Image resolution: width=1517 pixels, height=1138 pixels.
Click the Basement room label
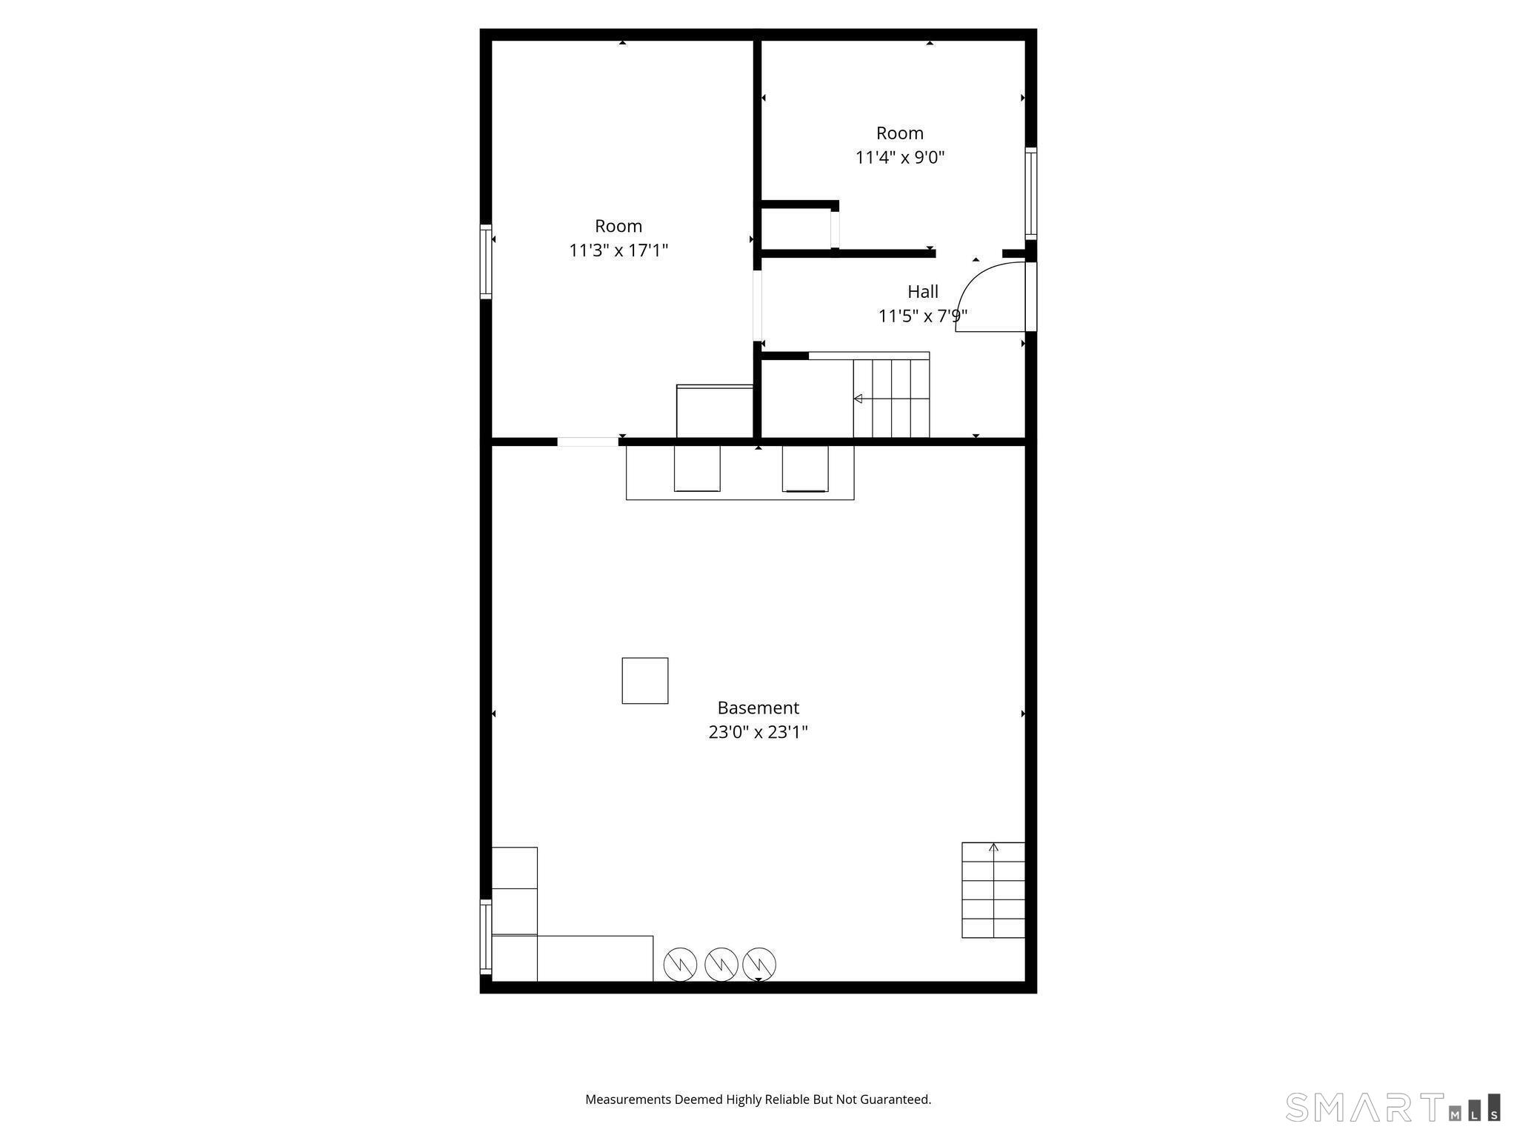pos(758,708)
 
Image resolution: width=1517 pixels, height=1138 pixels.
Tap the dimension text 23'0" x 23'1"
pos(758,732)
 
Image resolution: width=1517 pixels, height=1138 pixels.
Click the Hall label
pos(922,291)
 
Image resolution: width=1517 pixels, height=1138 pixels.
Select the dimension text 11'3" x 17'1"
pos(618,250)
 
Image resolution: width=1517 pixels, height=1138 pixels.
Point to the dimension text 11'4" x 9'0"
pos(899,158)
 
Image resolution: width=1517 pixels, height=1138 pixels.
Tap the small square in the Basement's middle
pos(644,680)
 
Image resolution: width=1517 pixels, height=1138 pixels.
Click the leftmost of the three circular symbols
pos(679,964)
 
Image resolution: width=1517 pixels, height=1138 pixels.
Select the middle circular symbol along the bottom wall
pos(721,964)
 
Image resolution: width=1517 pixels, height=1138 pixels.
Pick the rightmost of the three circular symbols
pos(759,964)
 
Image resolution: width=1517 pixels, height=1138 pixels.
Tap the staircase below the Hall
pos(891,399)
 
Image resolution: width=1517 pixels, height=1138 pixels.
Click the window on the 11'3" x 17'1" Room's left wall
pos(486,261)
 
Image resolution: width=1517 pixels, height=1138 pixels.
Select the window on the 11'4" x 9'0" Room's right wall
pos(1030,193)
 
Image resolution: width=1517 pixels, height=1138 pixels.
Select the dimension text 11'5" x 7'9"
pos(922,316)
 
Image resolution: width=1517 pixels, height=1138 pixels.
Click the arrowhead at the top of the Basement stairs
pos(993,847)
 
